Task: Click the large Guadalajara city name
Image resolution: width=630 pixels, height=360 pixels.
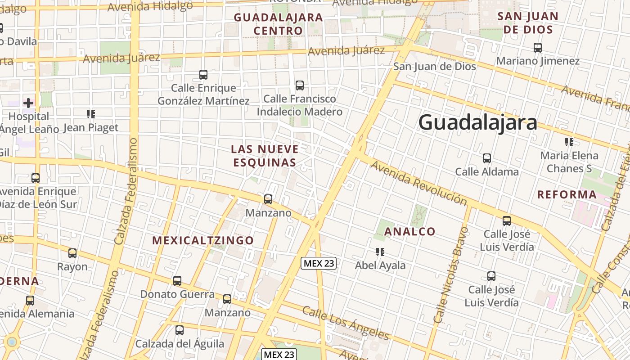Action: click(478, 122)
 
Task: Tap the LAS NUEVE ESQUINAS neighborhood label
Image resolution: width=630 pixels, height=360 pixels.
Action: click(265, 156)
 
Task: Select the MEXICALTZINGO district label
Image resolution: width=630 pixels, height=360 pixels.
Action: click(203, 240)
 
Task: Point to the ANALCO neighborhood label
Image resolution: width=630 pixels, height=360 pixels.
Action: click(410, 232)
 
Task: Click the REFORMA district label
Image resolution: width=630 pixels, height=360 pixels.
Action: click(567, 195)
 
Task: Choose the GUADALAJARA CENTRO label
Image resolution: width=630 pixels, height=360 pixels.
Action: click(279, 24)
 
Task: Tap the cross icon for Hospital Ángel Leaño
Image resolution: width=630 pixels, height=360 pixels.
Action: click(28, 103)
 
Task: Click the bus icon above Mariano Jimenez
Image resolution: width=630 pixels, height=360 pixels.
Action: click(537, 47)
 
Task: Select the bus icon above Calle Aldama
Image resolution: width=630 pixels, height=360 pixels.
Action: click(486, 158)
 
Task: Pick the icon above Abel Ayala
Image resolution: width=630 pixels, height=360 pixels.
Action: click(380, 252)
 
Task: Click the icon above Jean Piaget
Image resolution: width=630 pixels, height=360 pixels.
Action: click(91, 114)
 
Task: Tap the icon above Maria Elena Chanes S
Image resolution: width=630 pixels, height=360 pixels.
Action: click(569, 143)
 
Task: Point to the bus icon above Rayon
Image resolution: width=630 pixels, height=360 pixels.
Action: click(72, 253)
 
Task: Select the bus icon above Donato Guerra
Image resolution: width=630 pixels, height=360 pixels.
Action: click(177, 281)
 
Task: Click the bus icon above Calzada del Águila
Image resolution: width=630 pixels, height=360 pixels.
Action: click(180, 330)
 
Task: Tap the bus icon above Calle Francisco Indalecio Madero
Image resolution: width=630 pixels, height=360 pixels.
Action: click(300, 85)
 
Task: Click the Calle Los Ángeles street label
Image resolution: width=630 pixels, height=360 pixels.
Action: click(345, 323)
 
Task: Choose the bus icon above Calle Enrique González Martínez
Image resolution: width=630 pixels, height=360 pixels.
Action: click(203, 74)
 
